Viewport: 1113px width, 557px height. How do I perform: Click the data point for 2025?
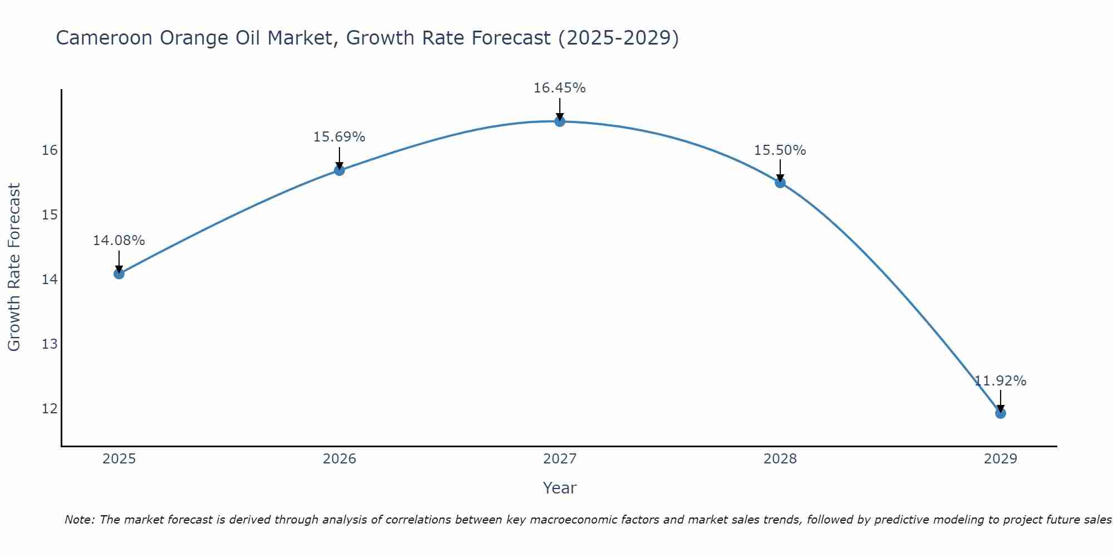119,273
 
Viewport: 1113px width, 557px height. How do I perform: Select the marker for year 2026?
339,170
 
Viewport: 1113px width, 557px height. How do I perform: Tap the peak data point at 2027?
560,121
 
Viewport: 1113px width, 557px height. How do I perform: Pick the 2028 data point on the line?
780,182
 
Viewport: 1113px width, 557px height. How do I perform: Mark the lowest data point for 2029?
1001,413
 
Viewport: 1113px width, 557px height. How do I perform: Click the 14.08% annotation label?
119,241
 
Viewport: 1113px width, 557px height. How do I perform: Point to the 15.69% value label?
339,137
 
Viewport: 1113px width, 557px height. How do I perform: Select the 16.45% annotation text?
560,88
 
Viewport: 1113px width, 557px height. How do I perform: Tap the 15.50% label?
780,150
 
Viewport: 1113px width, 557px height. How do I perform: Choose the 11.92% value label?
1001,381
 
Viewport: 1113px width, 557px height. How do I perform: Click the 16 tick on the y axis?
50,150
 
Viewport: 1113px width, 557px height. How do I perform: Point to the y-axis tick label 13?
50,344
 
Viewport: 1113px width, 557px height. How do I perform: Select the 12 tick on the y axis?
50,408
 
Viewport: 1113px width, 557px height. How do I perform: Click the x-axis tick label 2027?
560,459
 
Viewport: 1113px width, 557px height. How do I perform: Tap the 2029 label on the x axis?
1001,459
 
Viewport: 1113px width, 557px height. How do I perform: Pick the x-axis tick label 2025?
119,459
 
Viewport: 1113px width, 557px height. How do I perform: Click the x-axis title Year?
560,488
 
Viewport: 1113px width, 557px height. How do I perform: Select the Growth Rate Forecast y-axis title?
14,267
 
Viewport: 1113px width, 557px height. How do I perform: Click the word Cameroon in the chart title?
104,38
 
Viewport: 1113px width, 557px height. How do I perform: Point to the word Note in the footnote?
80,520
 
